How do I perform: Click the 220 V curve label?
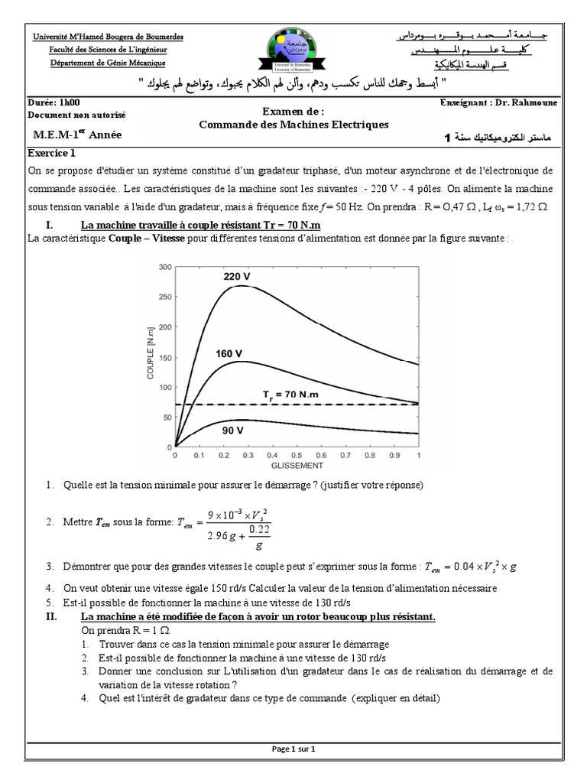coord(237,276)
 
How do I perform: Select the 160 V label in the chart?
coord(229,354)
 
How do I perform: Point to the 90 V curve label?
coord(233,430)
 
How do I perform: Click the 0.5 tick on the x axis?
coord(297,454)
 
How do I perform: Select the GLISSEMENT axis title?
coord(297,464)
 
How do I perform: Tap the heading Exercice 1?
coord(48,152)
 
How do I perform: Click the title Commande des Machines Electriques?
coord(293,124)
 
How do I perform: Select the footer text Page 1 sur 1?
coord(293,749)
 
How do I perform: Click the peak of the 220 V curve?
coord(241,286)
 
